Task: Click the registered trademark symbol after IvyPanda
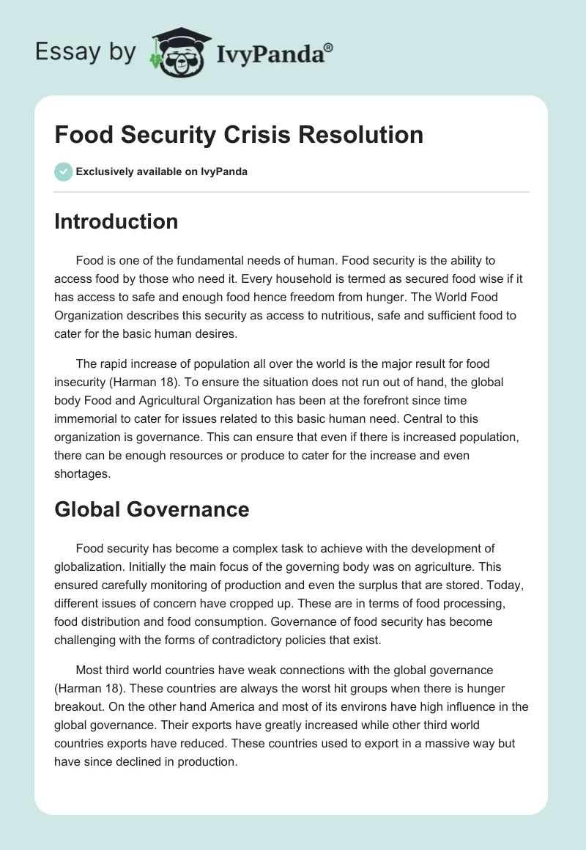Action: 329,48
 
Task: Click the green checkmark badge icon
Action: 63,172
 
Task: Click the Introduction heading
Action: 116,221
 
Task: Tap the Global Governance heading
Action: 152,509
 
